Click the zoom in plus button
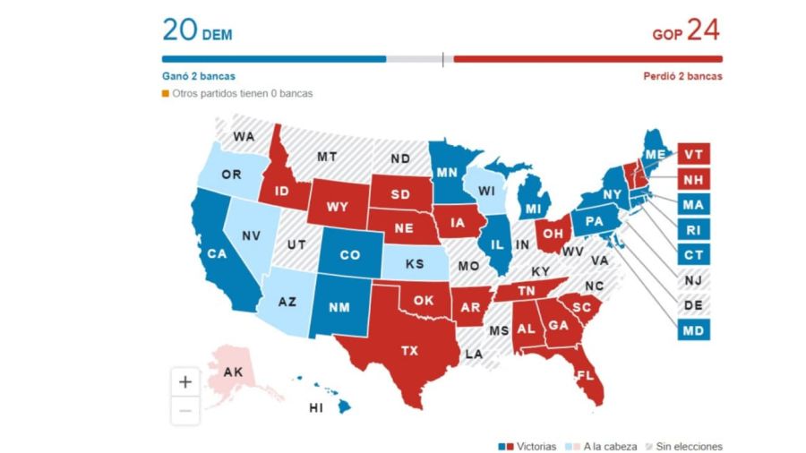tap(185, 381)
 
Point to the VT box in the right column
tap(693, 154)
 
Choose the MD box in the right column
tap(693, 331)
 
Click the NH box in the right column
tap(693, 179)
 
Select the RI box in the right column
tap(693, 230)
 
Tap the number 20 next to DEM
tap(178, 30)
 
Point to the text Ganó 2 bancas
tap(199, 77)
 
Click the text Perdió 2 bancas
tap(682, 77)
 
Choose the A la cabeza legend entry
tap(603, 446)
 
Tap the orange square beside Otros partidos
tap(166, 93)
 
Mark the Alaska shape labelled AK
tap(233, 371)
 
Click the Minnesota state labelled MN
tap(447, 170)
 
